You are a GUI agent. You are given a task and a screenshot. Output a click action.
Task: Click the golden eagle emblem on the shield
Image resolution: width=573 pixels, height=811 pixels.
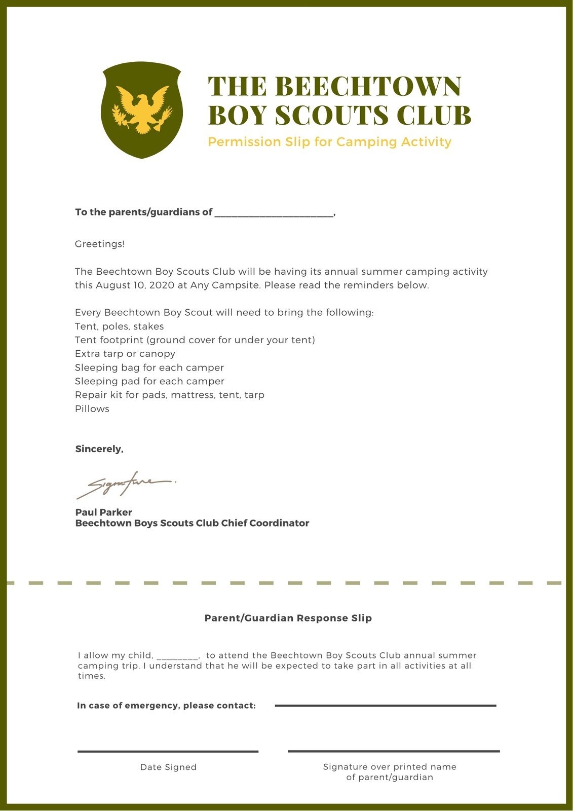point(142,109)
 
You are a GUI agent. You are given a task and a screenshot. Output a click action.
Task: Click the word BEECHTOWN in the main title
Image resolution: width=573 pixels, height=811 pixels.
point(370,86)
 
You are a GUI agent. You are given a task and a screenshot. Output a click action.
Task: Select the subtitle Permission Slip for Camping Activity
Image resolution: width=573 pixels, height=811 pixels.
point(329,142)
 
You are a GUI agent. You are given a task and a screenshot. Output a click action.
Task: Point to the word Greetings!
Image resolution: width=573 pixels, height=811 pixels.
point(100,244)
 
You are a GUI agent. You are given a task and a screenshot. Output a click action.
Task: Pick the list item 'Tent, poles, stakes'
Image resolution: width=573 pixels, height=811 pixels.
point(119,326)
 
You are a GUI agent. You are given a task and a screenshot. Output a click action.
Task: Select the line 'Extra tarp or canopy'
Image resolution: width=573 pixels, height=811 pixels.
point(125,354)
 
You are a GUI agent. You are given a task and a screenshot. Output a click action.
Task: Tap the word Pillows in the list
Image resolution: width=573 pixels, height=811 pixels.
point(92,409)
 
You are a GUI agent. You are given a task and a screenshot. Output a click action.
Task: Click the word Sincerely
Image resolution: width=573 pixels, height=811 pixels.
point(99,449)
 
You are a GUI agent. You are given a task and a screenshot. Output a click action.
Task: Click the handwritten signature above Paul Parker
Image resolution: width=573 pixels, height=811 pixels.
point(124,484)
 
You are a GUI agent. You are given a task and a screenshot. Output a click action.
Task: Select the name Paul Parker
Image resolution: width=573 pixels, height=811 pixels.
point(103,512)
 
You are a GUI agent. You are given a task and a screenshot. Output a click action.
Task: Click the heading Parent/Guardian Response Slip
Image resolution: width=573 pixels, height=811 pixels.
point(288,618)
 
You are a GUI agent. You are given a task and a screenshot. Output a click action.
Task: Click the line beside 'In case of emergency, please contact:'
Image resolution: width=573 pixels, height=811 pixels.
point(385,705)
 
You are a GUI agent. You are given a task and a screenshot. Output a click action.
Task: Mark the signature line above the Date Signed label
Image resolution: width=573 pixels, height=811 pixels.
point(168,751)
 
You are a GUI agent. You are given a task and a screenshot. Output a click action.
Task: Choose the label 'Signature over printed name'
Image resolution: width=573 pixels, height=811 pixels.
point(390,767)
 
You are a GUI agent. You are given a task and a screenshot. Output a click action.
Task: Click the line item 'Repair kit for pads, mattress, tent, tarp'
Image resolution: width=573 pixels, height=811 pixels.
point(169,395)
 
